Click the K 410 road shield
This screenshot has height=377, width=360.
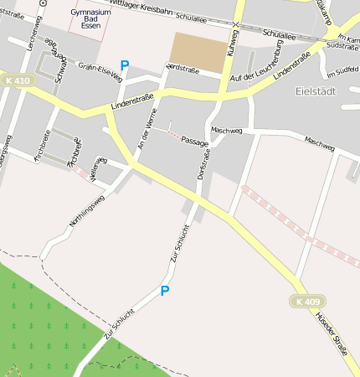[x=16, y=80]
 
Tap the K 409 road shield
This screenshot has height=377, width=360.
[x=307, y=301]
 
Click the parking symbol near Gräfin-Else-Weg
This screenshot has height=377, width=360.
[x=125, y=65]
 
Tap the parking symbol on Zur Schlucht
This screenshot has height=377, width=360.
[x=165, y=291]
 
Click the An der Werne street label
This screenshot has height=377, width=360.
[x=147, y=135]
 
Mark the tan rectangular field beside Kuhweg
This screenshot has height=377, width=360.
[x=199, y=51]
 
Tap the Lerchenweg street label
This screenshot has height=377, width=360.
[x=34, y=33]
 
